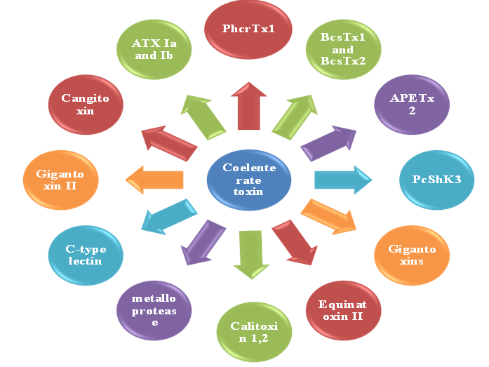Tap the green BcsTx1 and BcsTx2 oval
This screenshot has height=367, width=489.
point(337,48)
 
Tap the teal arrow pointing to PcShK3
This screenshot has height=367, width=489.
point(342,180)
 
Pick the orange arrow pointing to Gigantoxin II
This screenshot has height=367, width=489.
point(154,179)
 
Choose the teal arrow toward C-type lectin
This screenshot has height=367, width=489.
point(166,217)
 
